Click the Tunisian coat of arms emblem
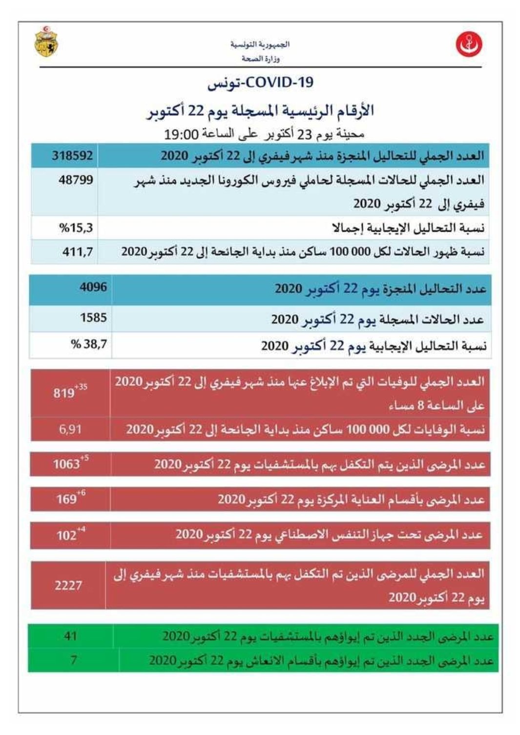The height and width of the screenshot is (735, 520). pos(46,42)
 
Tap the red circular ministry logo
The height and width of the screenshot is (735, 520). pos(469,44)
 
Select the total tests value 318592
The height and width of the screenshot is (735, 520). pos(72,156)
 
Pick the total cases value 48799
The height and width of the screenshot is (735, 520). pos(76,180)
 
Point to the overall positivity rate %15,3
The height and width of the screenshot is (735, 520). pos(76,228)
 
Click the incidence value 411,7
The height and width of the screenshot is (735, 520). pos(77,252)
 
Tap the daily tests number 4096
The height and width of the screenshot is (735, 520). pos(93,287)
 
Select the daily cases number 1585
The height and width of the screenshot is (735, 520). pos(93,318)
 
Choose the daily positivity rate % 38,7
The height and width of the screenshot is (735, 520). pos(89,344)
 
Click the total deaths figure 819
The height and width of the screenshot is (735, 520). pos(63,393)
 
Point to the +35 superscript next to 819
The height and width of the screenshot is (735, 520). pos(81,387)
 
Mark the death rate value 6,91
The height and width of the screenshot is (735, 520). pos(70,430)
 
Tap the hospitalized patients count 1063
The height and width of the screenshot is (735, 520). pos(66,464)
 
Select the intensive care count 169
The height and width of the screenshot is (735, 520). pos(66,499)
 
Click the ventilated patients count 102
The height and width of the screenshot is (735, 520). pos(66,535)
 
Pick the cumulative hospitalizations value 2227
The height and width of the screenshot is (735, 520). pos(68,585)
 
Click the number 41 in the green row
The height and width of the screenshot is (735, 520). pos(70,636)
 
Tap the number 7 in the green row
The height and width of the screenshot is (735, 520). pos(73,660)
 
